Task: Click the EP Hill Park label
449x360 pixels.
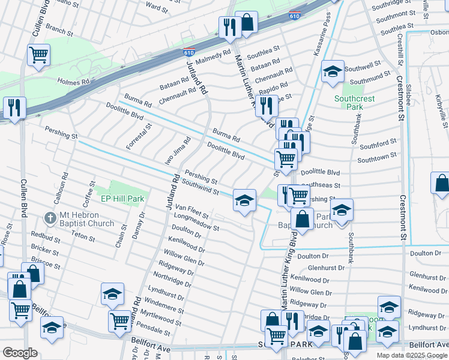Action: pos(122,199)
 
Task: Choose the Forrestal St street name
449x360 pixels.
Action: pos(138,137)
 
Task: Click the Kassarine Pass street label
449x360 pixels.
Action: pos(322,40)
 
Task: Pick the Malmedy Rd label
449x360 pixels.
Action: pos(213,57)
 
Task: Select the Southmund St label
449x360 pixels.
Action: pos(370,80)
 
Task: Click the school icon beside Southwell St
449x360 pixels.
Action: pos(333,72)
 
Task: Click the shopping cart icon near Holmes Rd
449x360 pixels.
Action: pos(38,55)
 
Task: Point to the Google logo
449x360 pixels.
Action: pos(20,353)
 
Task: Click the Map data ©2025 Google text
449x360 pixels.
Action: pos(412,356)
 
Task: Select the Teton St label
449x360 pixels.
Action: pos(83,238)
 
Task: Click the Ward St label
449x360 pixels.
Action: pos(157,7)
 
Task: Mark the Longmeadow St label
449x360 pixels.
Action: pos(196,222)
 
